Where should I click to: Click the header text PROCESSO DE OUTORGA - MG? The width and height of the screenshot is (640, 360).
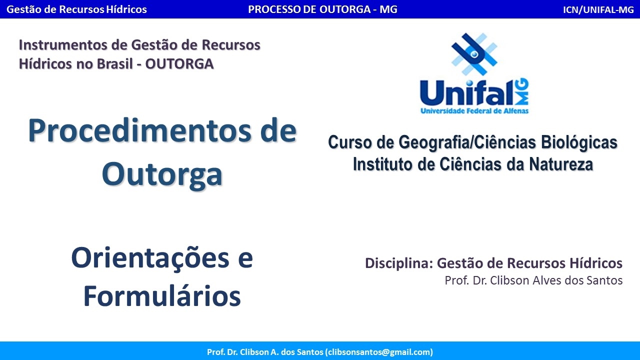pos(322,9)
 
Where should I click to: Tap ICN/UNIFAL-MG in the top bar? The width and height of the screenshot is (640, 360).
pos(598,9)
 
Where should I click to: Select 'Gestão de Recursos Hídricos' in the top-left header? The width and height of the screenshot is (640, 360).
pos(76,9)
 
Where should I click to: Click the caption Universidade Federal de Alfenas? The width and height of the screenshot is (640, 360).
pos(474,110)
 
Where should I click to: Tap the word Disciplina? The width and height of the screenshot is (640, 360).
pos(398,263)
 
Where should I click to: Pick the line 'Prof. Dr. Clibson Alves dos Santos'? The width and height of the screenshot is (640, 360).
pos(533,280)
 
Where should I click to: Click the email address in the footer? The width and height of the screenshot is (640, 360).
pos(379,352)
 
